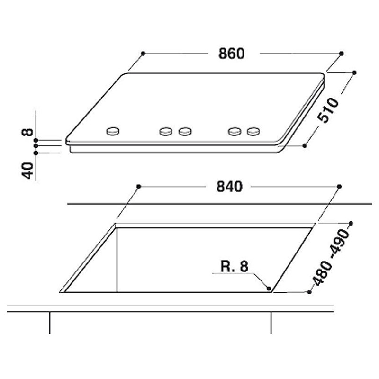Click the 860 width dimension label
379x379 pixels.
(x=231, y=54)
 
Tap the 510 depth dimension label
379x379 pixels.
(x=328, y=110)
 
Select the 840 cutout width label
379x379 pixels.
(x=229, y=187)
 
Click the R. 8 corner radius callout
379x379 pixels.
(x=234, y=266)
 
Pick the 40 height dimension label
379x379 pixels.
(x=27, y=171)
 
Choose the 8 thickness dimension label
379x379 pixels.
(x=27, y=132)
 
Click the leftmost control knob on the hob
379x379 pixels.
(x=113, y=131)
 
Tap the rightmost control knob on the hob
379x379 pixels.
(x=253, y=131)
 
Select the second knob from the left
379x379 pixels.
(x=166, y=131)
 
